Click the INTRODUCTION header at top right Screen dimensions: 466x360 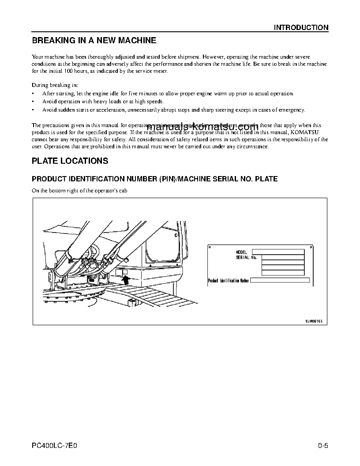tap(301, 27)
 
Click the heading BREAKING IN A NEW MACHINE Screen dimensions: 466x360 tap(94, 41)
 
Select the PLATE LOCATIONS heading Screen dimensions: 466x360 tap(70, 161)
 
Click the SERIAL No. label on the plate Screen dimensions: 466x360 tap(246, 257)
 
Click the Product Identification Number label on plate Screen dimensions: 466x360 tap(229, 280)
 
